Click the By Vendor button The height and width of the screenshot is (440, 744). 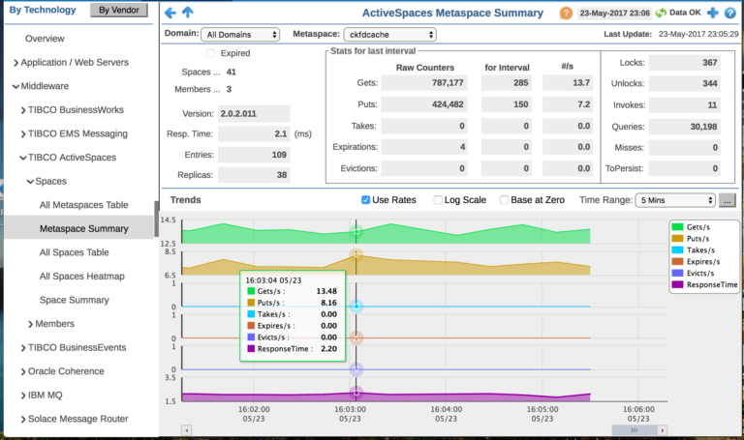[x=119, y=11]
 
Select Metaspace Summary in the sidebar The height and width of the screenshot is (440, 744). [x=83, y=229]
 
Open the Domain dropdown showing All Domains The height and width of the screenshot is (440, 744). [x=240, y=35]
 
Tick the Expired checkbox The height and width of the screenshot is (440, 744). [x=211, y=53]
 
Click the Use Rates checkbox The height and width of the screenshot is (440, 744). [x=366, y=200]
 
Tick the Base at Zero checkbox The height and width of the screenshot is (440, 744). [x=505, y=200]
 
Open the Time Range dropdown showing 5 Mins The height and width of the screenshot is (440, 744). [x=674, y=200]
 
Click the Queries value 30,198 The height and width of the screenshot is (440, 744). [x=684, y=126]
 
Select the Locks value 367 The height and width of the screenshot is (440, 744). [x=684, y=62]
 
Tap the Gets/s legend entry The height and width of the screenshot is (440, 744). [x=703, y=225]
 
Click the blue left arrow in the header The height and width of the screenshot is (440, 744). [x=170, y=14]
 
